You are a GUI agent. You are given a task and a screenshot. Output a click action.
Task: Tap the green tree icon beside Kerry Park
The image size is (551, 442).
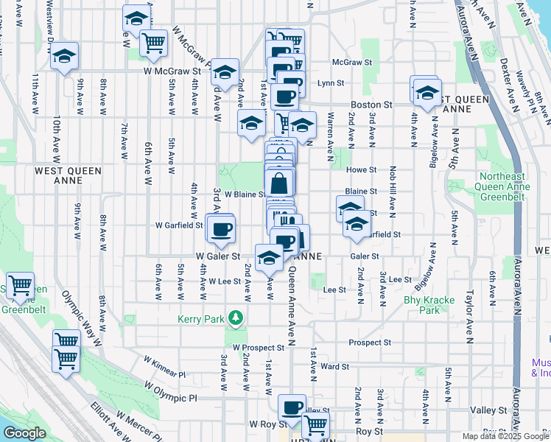(235, 318)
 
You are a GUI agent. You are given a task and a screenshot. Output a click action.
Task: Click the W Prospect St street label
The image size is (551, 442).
(258, 347)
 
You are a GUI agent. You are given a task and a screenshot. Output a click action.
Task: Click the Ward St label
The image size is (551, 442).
(334, 366)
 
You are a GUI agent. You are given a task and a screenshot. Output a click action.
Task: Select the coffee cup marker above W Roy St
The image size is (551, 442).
(292, 407)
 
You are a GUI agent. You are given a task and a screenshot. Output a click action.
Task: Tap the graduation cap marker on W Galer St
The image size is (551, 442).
(270, 258)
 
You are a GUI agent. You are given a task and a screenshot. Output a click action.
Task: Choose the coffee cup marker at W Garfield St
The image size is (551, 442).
(221, 229)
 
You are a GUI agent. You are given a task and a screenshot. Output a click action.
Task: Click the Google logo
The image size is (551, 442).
(25, 433)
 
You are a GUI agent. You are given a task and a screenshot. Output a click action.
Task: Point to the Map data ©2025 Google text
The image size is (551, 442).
(504, 436)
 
